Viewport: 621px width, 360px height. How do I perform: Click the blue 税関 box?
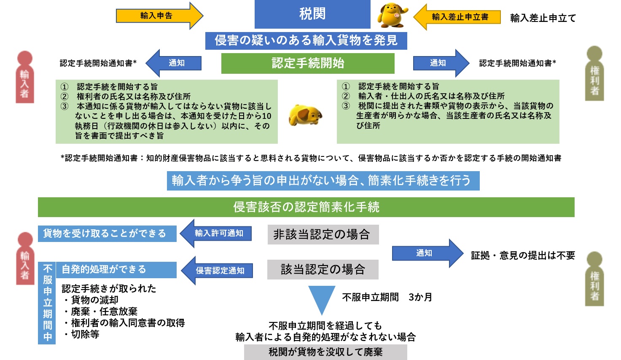312,14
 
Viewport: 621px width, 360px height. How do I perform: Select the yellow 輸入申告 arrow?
159,16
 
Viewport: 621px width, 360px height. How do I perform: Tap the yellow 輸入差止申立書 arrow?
457,17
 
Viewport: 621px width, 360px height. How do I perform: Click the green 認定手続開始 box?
308,64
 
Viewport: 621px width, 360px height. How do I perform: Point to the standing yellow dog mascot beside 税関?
392,15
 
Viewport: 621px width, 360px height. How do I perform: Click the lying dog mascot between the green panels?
305,115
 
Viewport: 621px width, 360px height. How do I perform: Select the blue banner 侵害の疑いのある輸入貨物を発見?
306,41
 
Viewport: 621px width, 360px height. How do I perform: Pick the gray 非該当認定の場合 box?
323,234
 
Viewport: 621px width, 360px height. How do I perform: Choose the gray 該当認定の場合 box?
323,269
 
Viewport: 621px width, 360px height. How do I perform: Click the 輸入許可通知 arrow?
216,234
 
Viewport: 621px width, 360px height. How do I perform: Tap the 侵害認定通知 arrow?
217,271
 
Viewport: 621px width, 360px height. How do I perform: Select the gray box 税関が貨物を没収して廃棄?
325,352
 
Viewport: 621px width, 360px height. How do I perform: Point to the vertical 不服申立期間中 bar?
47,303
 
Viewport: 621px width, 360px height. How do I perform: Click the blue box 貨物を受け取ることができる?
107,234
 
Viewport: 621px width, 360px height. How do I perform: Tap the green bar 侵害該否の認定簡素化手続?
306,207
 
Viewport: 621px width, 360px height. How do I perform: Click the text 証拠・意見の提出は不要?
523,255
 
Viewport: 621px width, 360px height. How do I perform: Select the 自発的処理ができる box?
116,270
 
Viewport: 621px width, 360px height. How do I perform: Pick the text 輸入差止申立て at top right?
543,18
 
